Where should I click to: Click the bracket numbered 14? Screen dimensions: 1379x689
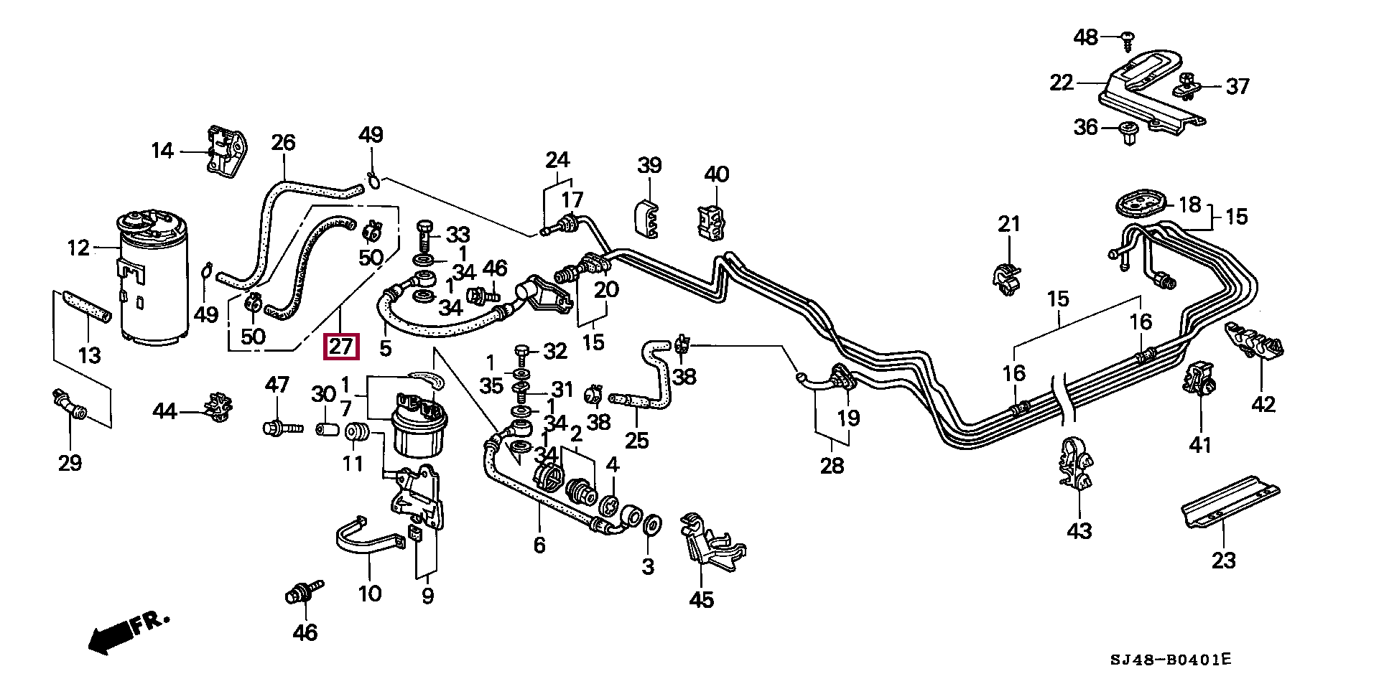tap(225, 149)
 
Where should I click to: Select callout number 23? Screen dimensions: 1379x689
tap(1223, 560)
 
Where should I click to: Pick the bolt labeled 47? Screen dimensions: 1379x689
tap(280, 428)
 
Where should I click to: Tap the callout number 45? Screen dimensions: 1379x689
tap(701, 599)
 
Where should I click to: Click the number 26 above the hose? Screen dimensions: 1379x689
tap(283, 142)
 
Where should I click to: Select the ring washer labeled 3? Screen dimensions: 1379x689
tap(651, 526)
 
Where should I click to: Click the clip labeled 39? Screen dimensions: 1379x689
tap(649, 217)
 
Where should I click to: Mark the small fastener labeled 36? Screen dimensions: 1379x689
tap(1128, 133)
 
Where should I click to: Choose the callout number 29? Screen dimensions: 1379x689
tap(70, 463)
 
